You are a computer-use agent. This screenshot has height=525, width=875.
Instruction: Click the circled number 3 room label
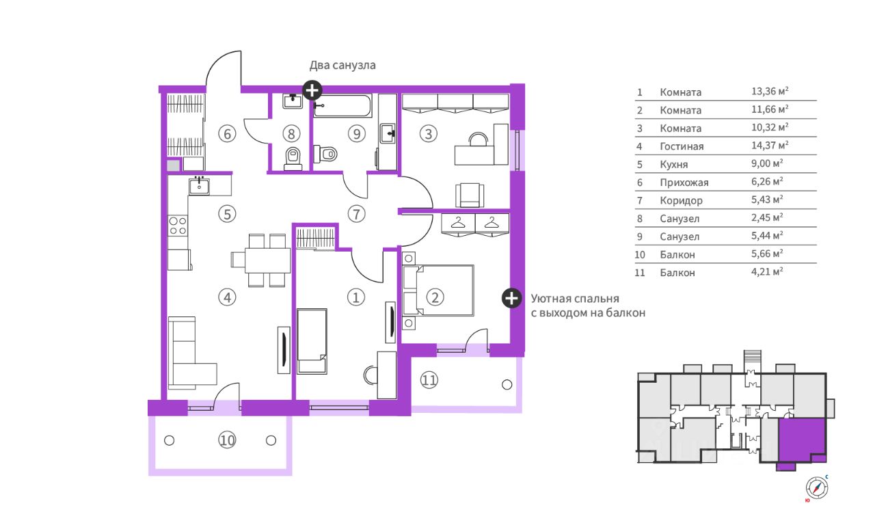[x=429, y=134]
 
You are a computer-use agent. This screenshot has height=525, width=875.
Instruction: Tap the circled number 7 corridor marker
[x=356, y=214]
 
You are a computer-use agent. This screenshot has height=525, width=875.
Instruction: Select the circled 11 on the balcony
[x=429, y=380]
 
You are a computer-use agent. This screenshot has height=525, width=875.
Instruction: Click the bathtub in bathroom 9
[x=342, y=106]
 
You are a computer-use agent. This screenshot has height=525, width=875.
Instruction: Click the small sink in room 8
[x=292, y=101]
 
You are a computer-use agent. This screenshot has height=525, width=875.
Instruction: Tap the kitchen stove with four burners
[x=178, y=226]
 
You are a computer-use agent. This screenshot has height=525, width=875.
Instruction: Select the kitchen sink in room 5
[x=199, y=186]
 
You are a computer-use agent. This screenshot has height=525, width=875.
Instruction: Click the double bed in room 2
[x=438, y=291]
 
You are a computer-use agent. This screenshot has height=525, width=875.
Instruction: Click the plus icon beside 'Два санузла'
[x=312, y=91]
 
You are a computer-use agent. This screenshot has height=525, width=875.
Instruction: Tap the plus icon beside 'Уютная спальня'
[x=511, y=299]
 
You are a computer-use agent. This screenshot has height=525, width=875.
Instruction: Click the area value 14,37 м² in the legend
[x=770, y=146]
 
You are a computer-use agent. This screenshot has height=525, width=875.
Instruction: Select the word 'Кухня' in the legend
[x=674, y=165]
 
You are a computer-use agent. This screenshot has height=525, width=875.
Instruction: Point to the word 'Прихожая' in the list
[x=684, y=183]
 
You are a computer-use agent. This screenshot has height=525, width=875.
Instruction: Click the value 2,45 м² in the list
[x=767, y=217]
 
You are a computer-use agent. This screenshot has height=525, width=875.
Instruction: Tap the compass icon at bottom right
[x=816, y=488]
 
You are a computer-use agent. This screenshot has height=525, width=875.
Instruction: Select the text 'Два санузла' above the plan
[x=342, y=65]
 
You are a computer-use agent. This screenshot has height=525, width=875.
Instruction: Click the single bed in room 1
[x=312, y=341]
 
